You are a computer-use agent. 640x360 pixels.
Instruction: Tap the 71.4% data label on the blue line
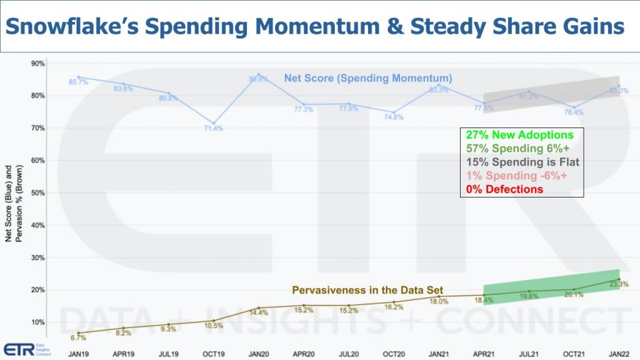213,128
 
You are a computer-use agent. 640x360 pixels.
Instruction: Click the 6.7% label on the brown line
79,338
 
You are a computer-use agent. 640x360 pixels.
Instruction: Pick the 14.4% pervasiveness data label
259,312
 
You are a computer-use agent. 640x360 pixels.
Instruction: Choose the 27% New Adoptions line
519,135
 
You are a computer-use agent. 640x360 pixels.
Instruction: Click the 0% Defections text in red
504,189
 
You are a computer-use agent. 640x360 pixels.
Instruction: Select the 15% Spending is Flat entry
522,162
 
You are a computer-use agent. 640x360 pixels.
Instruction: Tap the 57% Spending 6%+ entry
517,149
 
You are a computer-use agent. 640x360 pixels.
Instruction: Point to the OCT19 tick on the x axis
213,353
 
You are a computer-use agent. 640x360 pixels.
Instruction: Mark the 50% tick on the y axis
37,192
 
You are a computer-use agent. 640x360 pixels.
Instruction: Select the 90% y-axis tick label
37,63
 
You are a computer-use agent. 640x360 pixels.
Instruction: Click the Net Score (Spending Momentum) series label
368,78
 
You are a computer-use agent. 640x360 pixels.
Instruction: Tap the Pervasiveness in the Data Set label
367,290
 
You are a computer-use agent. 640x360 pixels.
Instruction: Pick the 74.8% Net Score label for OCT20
394,117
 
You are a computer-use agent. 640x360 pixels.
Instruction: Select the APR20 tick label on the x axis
303,353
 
